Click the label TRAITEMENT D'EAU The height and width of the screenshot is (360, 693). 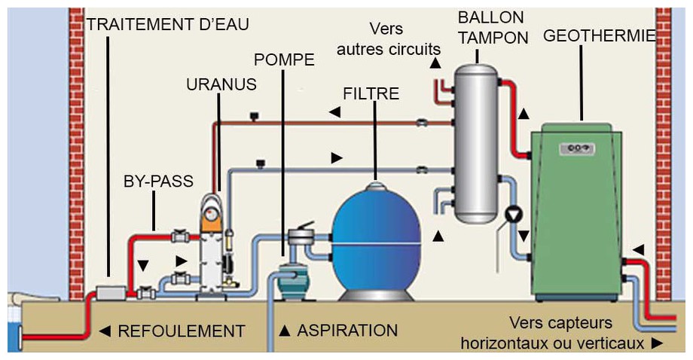click(x=167, y=23)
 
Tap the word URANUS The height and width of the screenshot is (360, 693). click(x=221, y=84)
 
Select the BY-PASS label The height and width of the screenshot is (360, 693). click(x=158, y=182)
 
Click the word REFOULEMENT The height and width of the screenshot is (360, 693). click(x=181, y=331)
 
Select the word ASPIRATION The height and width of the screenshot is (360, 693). click(x=347, y=330)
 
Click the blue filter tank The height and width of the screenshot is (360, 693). click(x=377, y=241)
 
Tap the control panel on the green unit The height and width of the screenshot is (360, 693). click(x=576, y=148)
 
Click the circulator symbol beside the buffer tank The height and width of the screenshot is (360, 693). click(x=514, y=214)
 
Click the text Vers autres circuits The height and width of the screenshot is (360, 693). click(x=388, y=39)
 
